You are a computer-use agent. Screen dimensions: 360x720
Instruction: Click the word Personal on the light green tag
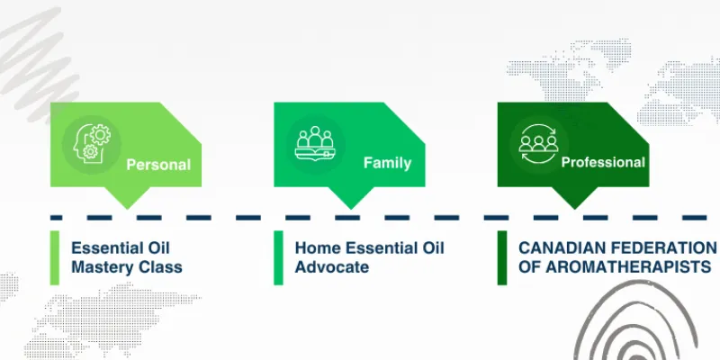coord(157,165)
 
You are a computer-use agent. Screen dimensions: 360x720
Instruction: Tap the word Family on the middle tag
coord(387,163)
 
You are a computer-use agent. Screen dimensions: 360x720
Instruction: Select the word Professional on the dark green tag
coord(603,163)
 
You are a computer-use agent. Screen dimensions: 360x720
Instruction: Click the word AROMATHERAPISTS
coord(621,267)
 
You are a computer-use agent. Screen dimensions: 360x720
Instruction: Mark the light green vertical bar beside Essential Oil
coord(54,257)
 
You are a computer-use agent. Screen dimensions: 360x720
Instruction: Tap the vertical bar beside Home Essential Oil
coord(278,257)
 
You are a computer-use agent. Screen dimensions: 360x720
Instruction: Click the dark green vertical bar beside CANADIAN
coord(502,257)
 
